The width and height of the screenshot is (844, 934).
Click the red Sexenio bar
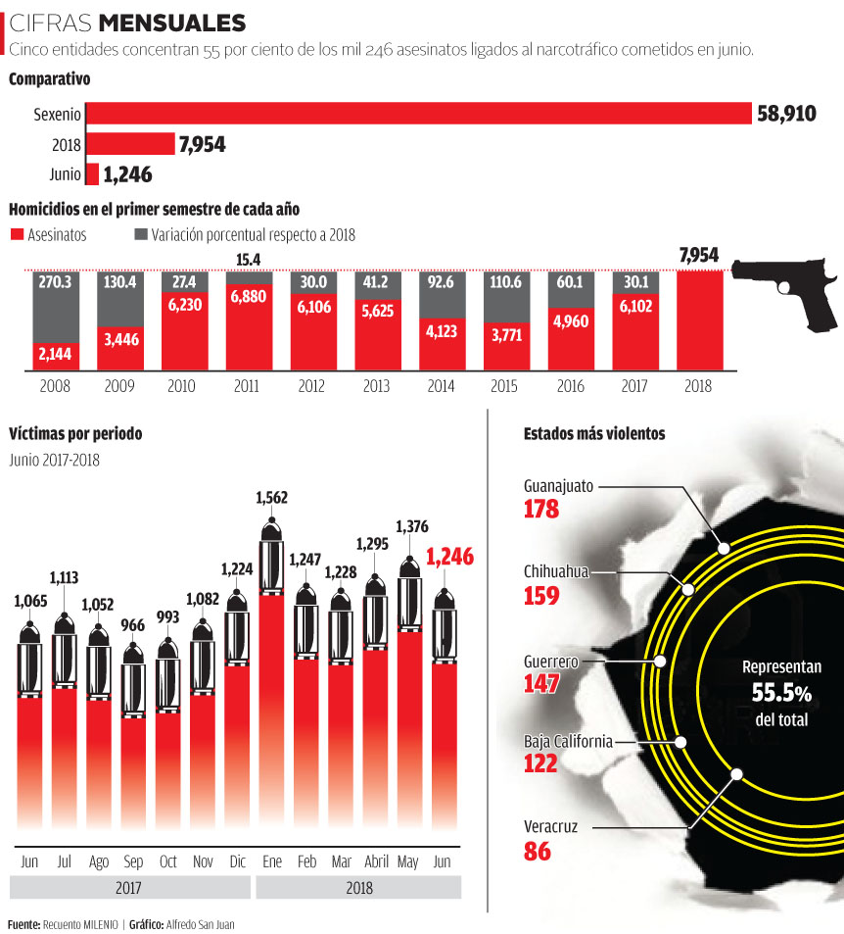tap(418, 114)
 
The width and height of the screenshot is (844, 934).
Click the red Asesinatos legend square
tap(16, 235)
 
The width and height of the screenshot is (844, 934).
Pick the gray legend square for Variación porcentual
tap(140, 235)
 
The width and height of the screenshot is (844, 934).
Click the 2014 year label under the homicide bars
tap(441, 387)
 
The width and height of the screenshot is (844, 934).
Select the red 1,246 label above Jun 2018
tap(449, 558)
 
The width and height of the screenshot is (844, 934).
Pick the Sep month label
tap(133, 862)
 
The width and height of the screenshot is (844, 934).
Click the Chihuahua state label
tap(556, 571)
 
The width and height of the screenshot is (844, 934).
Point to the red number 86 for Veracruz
tap(538, 851)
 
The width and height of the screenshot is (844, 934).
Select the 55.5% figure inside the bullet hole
tap(781, 693)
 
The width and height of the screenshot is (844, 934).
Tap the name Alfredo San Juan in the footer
tap(200, 924)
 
